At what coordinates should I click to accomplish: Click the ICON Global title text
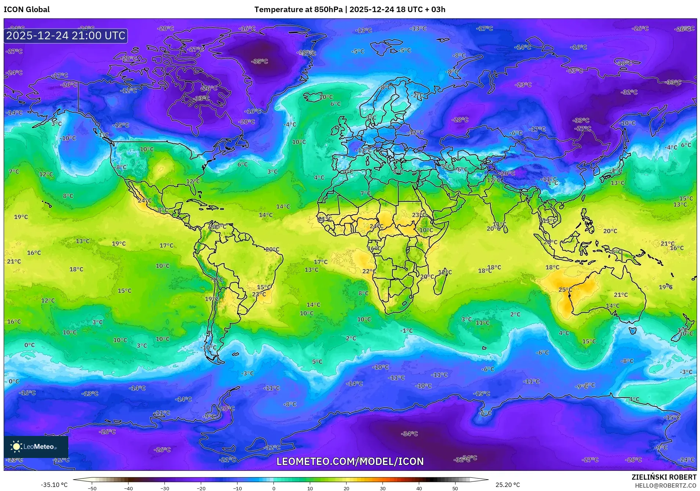(26, 10)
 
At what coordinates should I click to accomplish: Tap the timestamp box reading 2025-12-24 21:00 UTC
(66, 36)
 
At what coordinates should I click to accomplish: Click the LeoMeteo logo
(36, 447)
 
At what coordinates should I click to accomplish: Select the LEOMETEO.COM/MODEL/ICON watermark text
(350, 461)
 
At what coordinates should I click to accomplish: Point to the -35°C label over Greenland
(260, 61)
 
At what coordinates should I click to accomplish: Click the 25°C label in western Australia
(565, 290)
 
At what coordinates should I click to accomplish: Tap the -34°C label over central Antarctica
(410, 434)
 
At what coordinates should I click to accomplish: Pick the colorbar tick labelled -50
(93, 488)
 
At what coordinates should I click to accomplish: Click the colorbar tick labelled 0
(273, 488)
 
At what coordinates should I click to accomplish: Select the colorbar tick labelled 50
(455, 488)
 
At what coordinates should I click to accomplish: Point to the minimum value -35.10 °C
(54, 485)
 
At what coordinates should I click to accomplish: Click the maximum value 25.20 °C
(508, 485)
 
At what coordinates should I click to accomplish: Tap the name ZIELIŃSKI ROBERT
(664, 477)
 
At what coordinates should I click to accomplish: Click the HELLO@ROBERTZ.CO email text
(665, 485)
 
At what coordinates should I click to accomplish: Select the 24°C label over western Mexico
(145, 200)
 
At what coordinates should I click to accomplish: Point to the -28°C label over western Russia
(460, 120)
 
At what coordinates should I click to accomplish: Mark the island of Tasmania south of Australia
(632, 331)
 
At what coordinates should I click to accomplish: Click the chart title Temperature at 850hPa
(298, 10)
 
